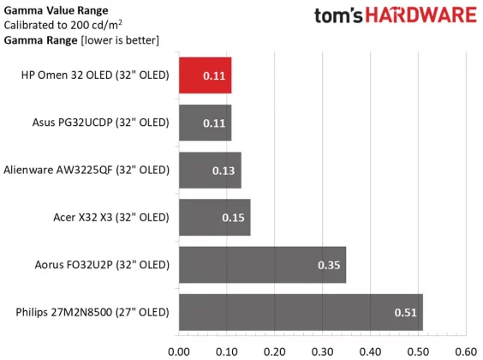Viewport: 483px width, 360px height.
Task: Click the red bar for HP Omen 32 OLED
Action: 205,75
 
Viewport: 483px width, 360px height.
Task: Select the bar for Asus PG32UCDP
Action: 205,123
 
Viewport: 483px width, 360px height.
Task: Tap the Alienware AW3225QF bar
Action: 210,170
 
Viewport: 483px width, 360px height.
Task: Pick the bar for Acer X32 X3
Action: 214,217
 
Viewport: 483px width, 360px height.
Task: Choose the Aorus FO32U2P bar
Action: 262,264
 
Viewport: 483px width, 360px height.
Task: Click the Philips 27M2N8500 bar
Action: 301,311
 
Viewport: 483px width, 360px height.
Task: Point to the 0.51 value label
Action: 407,312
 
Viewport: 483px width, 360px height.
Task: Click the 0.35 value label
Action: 330,265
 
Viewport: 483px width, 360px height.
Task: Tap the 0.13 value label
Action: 224,171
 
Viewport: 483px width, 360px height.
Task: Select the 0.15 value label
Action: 234,218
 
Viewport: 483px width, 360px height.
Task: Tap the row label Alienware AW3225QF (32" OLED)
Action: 86,170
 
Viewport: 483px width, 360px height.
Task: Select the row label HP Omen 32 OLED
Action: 95,75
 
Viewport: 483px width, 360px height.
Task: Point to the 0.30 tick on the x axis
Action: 322,351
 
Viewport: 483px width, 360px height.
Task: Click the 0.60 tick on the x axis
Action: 465,351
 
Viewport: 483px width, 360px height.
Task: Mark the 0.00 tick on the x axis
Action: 179,351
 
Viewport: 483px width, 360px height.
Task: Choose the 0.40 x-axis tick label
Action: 370,351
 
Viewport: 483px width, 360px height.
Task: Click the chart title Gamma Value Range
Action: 56,9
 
